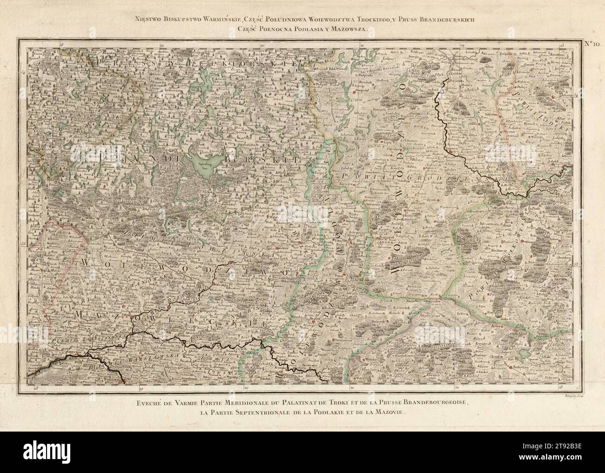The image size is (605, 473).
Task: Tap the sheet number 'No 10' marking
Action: (591, 45)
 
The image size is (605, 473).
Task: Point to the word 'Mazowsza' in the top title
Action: (349, 29)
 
